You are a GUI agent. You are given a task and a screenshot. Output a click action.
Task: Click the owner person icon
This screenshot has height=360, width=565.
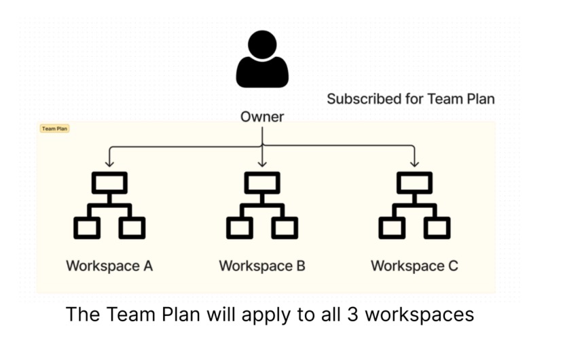pos(262,61)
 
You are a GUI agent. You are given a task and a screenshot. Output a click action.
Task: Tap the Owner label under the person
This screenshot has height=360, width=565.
pos(262,117)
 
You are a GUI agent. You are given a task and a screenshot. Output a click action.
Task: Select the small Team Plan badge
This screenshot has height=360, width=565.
pos(55,128)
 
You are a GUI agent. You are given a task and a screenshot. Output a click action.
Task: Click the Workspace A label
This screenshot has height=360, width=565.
pos(109,266)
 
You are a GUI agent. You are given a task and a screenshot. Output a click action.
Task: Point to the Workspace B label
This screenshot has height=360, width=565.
pos(262,266)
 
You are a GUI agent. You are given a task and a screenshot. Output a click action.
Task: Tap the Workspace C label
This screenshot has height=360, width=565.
pos(414,266)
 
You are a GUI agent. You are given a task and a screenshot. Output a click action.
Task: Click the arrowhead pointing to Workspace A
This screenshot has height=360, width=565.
pos(109,163)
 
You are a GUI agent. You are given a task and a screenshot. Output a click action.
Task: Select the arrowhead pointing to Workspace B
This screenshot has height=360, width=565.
pos(262,163)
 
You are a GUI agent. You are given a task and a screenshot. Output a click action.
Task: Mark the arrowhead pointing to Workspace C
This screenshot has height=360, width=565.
pos(414,163)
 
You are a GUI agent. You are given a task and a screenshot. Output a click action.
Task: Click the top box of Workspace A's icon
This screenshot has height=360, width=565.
pos(109,182)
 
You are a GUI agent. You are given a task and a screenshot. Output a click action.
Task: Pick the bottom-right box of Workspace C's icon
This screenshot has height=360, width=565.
pos(437,227)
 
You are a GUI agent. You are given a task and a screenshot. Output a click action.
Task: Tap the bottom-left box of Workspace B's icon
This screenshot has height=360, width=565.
pos(239,227)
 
